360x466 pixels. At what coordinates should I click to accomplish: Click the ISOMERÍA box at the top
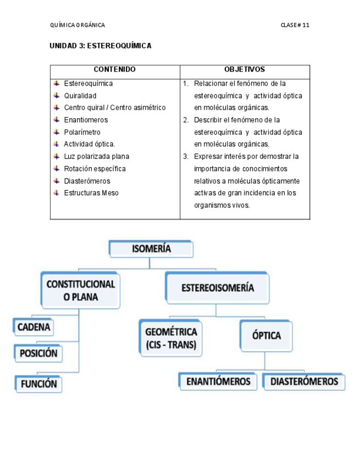click(x=151, y=249)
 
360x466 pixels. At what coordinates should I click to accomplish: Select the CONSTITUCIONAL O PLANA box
click(x=80, y=291)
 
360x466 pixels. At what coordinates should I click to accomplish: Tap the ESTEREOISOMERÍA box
click(x=217, y=287)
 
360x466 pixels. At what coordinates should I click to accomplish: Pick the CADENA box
click(x=34, y=328)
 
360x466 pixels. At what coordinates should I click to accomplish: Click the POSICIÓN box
click(x=38, y=353)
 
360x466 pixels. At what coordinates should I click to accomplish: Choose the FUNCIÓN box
click(x=38, y=384)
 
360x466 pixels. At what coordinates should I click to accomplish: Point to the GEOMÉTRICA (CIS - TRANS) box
click(x=171, y=339)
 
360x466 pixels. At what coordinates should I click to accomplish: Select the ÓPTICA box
click(x=266, y=335)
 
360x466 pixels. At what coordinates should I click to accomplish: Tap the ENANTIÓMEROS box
click(x=218, y=381)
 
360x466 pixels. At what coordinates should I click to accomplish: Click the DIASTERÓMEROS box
click(x=304, y=381)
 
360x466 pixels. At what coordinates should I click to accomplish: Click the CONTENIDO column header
click(x=115, y=70)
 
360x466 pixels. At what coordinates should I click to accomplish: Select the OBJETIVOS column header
click(x=245, y=70)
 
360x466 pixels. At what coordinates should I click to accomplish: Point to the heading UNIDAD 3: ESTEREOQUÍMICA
click(x=101, y=46)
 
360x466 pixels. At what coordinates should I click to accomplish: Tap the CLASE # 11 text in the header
click(x=295, y=25)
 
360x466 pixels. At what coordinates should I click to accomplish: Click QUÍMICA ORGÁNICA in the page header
click(x=77, y=25)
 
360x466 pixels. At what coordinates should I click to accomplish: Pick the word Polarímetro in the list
click(x=82, y=132)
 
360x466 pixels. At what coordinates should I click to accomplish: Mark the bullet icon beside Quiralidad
click(x=57, y=95)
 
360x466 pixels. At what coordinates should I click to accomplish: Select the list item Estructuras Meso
click(x=91, y=193)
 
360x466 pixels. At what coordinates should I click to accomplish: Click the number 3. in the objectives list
click(x=186, y=157)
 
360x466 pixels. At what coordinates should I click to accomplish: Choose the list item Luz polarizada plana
click(x=96, y=157)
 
